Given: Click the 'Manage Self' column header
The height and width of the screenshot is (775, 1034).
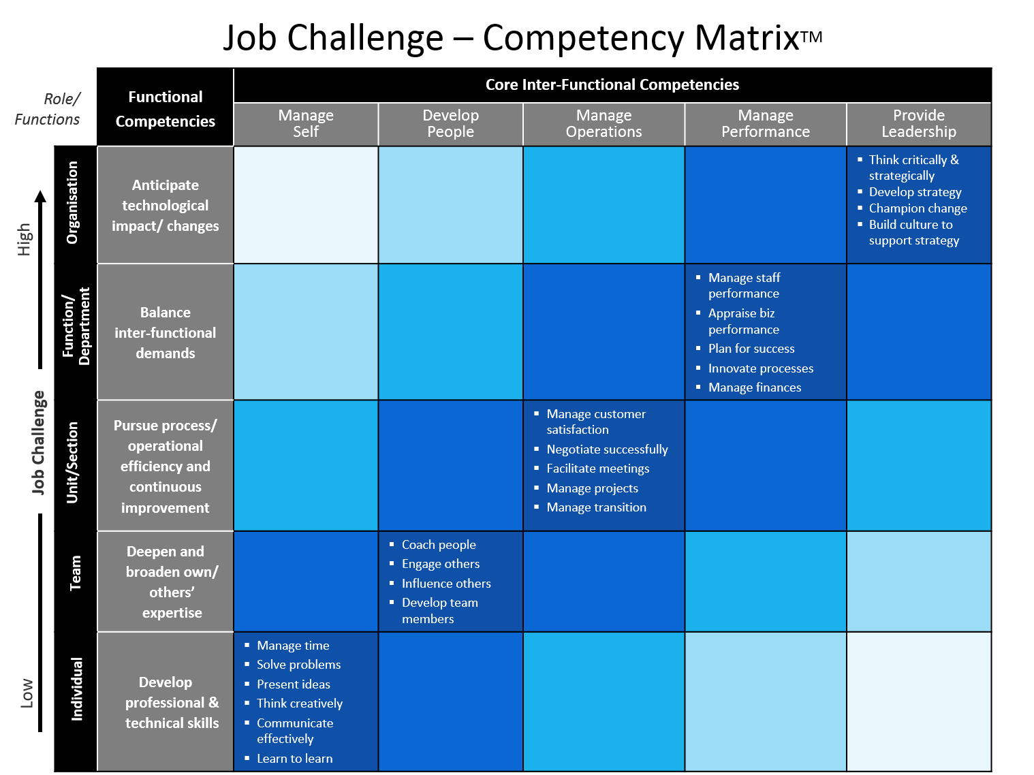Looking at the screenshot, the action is pyautogui.click(x=305, y=123).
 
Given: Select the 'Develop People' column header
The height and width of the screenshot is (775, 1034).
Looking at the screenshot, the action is pyautogui.click(x=450, y=123).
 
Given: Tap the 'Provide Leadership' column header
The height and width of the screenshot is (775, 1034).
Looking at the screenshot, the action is pyautogui.click(x=918, y=123).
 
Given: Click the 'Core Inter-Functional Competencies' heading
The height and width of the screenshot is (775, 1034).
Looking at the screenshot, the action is pyautogui.click(x=612, y=84).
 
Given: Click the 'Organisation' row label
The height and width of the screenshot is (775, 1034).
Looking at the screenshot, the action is pyautogui.click(x=72, y=202).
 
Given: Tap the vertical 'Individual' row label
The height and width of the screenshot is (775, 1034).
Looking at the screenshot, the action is pyautogui.click(x=76, y=689).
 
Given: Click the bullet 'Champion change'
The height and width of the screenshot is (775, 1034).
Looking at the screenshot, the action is pyautogui.click(x=917, y=208).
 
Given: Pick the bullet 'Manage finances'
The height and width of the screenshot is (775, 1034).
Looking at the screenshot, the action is pyautogui.click(x=754, y=387).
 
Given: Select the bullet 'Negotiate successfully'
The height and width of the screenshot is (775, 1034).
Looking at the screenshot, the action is pyautogui.click(x=607, y=449).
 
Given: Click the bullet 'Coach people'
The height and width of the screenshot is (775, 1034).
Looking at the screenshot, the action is pyautogui.click(x=438, y=544).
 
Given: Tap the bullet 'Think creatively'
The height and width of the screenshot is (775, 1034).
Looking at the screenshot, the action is pyautogui.click(x=299, y=703).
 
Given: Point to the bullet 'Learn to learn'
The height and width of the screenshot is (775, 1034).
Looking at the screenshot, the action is pyautogui.click(x=294, y=758).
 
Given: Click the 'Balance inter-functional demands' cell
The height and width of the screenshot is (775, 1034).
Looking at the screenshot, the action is pyautogui.click(x=165, y=332).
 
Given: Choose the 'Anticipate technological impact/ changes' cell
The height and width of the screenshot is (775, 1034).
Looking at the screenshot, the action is pyautogui.click(x=165, y=205).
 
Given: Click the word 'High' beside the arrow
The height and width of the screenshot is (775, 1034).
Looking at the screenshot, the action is pyautogui.click(x=24, y=239).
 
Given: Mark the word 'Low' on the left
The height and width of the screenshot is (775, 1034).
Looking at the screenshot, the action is pyautogui.click(x=27, y=693).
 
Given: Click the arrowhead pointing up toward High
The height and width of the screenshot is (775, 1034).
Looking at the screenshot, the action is pyautogui.click(x=40, y=196).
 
